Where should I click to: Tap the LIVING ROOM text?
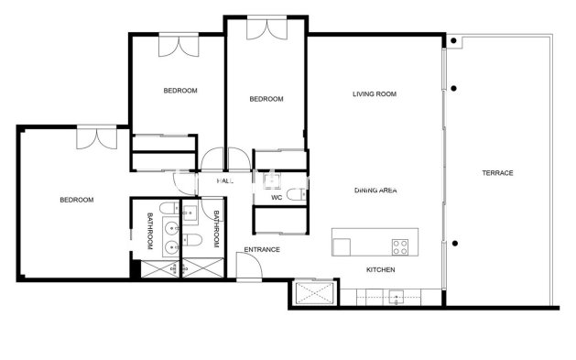(x=374, y=94)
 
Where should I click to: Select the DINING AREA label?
(x=375, y=191)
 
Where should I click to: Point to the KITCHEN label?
(x=380, y=270)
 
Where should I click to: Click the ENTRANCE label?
(x=261, y=250)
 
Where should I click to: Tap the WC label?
(x=276, y=198)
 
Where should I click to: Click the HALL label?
(x=225, y=181)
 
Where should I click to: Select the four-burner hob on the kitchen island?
(x=401, y=245)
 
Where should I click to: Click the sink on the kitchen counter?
(x=396, y=296)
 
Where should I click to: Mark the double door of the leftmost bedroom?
(x=95, y=137)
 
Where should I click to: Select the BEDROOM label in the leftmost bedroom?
(x=77, y=200)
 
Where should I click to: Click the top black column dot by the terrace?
(x=453, y=43)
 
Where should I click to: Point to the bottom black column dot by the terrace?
(x=453, y=243)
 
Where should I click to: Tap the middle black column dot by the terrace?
(x=453, y=89)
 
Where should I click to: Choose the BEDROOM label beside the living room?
(x=266, y=99)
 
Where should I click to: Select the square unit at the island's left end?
(x=342, y=245)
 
